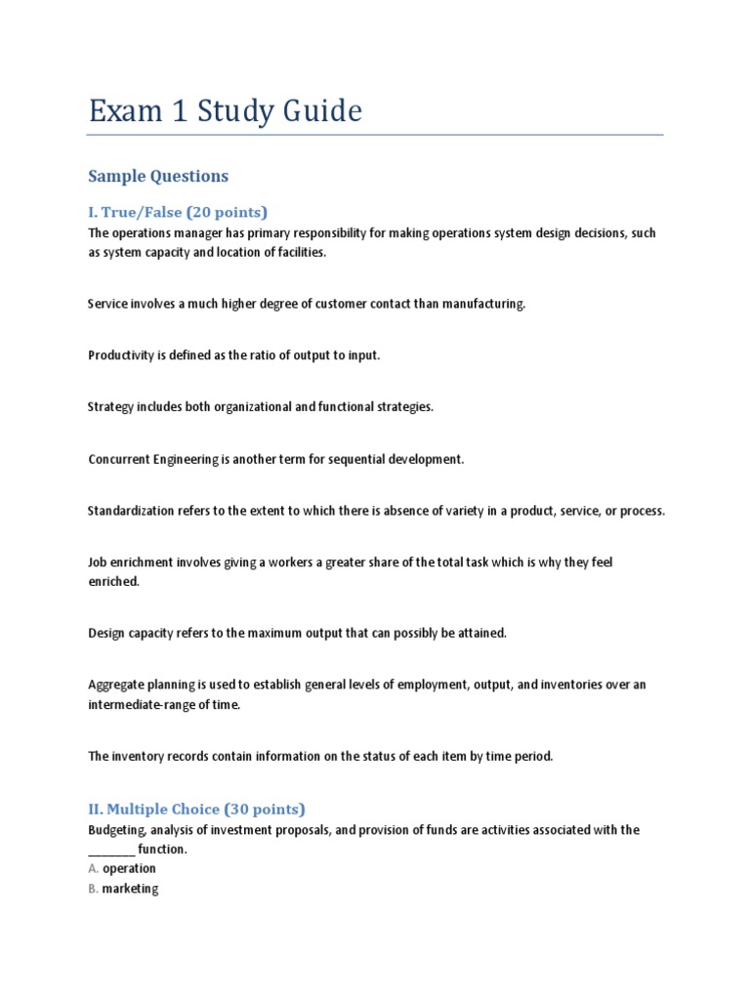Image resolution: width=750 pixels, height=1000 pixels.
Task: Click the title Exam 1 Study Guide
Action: [225, 111]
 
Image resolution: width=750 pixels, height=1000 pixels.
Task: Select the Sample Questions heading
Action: [158, 176]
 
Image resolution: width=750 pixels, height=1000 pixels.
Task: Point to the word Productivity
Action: [120, 355]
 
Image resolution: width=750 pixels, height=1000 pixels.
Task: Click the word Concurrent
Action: [120, 459]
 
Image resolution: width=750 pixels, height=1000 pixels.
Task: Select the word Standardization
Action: [131, 511]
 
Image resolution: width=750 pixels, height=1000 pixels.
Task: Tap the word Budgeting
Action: [117, 830]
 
